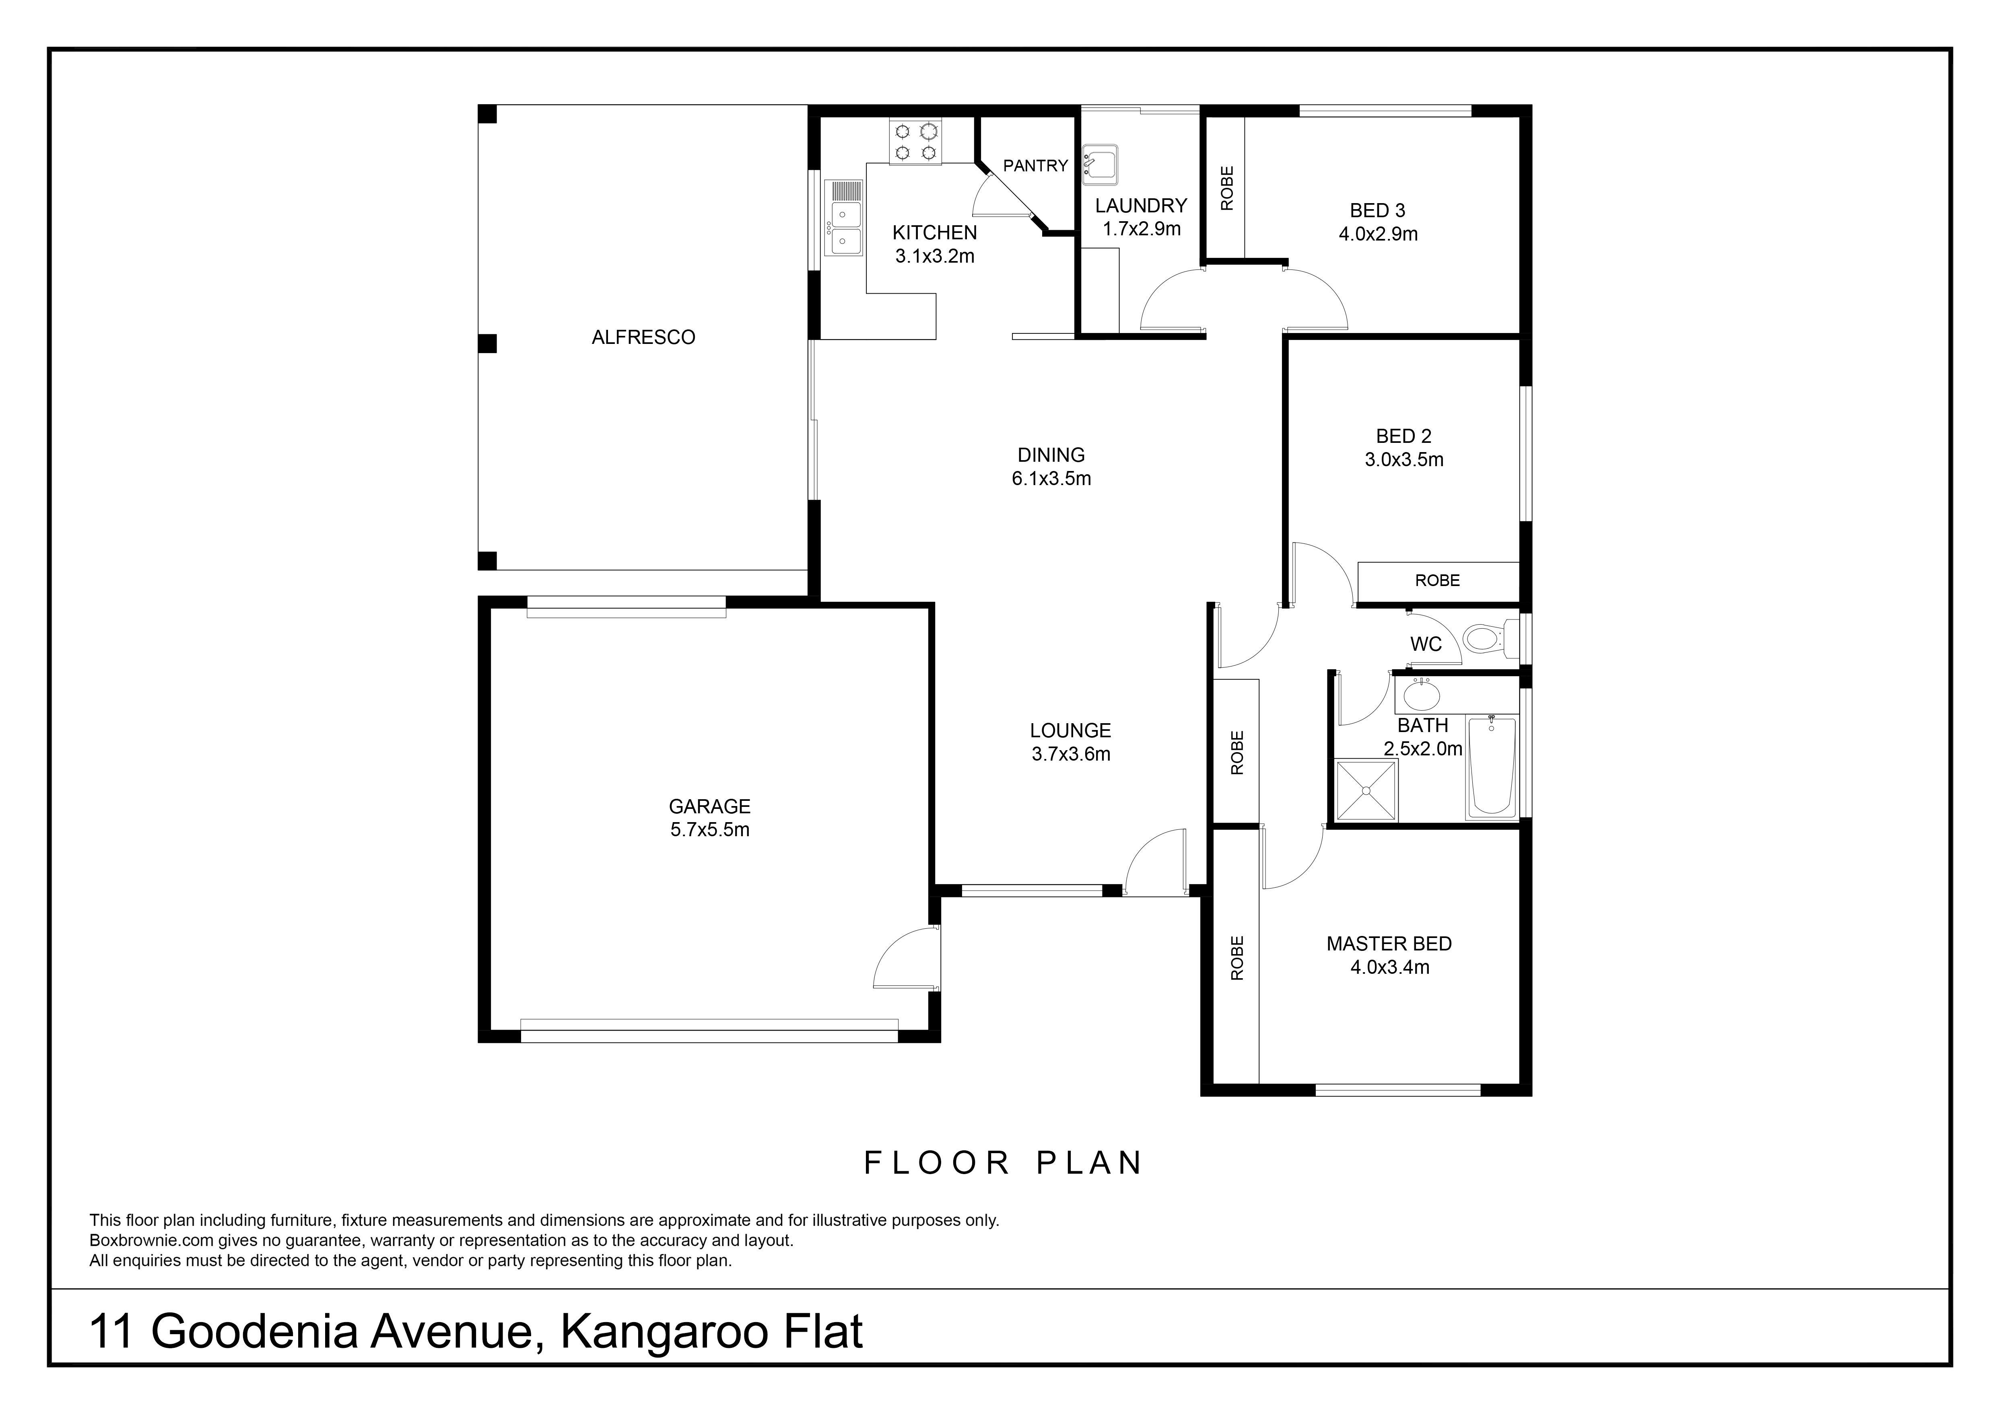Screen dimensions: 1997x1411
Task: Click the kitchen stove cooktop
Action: point(916,142)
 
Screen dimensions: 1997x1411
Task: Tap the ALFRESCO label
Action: point(644,337)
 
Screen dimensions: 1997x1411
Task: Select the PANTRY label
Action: point(1035,165)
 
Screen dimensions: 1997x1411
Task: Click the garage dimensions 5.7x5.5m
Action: point(710,829)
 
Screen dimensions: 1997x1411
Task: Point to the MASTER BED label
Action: point(1389,943)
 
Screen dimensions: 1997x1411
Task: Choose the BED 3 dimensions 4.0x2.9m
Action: point(1379,234)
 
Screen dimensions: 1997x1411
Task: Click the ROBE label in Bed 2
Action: point(1437,580)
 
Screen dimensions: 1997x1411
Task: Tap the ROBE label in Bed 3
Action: point(1227,188)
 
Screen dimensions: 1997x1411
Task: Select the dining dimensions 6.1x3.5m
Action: point(1051,478)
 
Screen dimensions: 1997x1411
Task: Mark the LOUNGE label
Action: point(1071,730)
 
